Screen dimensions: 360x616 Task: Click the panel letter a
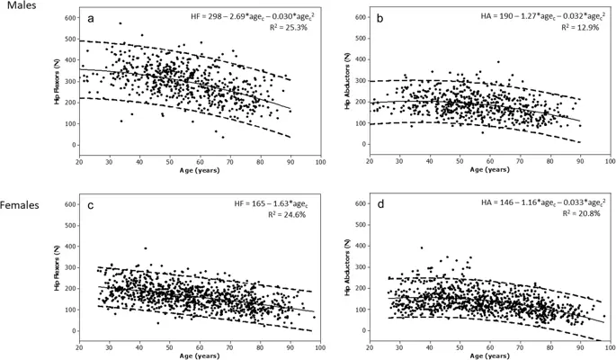point(93,18)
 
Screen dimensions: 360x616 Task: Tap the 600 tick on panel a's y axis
point(68,17)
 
